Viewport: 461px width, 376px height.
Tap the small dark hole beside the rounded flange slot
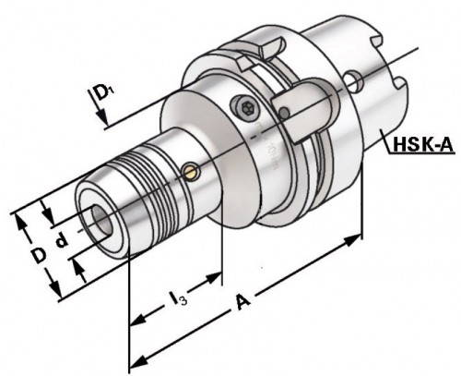click(285, 113)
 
